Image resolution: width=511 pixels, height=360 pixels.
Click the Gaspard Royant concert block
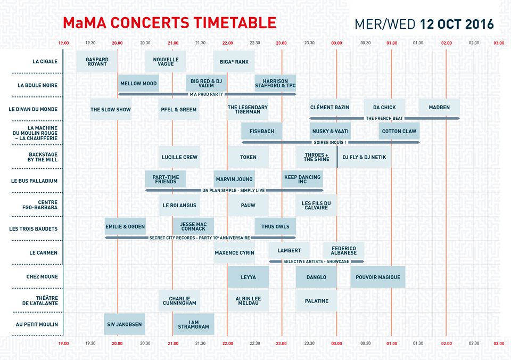(x=97, y=62)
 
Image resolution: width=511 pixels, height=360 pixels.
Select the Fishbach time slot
(x=261, y=131)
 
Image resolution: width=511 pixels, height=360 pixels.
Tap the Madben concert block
(x=439, y=108)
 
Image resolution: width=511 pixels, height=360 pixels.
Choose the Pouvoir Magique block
(x=377, y=277)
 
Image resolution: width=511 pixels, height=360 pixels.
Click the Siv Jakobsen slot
(x=124, y=324)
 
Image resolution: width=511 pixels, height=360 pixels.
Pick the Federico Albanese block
(x=343, y=250)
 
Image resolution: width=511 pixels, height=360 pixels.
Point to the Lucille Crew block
(x=179, y=157)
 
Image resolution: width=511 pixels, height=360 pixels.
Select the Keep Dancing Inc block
(x=302, y=179)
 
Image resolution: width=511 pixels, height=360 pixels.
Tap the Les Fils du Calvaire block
(x=316, y=205)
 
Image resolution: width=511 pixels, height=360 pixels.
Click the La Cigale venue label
(x=45, y=62)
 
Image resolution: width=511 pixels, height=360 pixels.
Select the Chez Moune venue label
(x=42, y=277)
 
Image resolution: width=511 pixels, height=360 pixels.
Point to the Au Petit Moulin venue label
(x=37, y=324)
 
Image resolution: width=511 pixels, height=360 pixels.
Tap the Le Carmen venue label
(x=43, y=253)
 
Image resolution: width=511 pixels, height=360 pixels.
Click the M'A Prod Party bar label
(x=207, y=94)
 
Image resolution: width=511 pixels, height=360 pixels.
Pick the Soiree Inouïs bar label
(x=330, y=142)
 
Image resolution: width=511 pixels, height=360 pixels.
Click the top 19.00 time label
(x=63, y=43)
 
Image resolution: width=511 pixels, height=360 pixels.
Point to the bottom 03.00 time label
(x=499, y=343)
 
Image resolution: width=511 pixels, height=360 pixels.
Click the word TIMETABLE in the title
(x=234, y=23)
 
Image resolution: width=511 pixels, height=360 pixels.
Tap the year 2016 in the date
(x=480, y=24)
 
